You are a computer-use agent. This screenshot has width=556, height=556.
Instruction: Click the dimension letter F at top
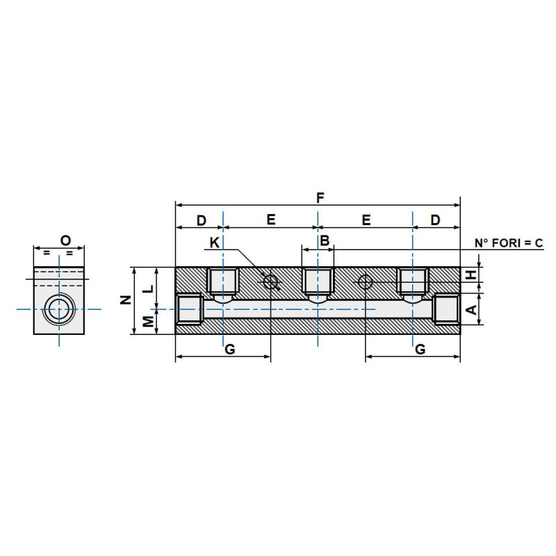coord(319,197)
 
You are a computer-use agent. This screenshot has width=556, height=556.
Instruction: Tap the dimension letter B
coord(324,240)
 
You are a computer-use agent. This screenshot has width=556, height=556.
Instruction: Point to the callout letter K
coord(215,243)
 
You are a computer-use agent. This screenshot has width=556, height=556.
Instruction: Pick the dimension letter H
coord(471,275)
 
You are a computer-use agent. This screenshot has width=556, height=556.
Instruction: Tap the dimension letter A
coord(471,309)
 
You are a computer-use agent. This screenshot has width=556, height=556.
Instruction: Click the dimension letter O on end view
coord(65,240)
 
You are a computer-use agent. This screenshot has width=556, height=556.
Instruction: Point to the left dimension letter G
coord(230,350)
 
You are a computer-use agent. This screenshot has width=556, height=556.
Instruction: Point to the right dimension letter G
coord(420,350)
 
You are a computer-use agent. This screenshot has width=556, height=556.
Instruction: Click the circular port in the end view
coord(59,308)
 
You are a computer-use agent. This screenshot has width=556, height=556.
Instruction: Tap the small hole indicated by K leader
coord(271,281)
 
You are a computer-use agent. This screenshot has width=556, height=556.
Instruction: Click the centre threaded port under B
coord(318,283)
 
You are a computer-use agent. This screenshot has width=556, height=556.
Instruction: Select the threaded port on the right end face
coord(445,309)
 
